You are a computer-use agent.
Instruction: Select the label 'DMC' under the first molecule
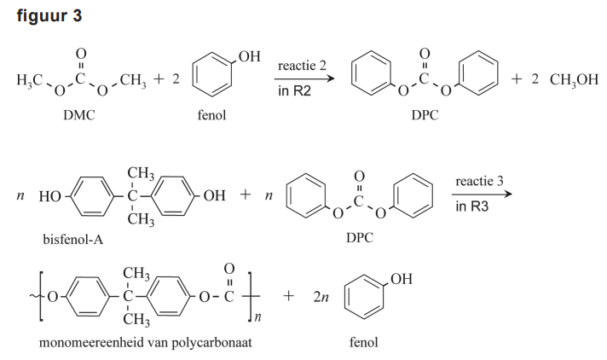pyautogui.click(x=78, y=116)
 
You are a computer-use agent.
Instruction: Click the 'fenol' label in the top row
pyautogui.click(x=211, y=116)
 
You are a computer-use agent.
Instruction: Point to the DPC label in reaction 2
pyautogui.click(x=423, y=116)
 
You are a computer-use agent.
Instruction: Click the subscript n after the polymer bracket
pyautogui.click(x=253, y=318)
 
